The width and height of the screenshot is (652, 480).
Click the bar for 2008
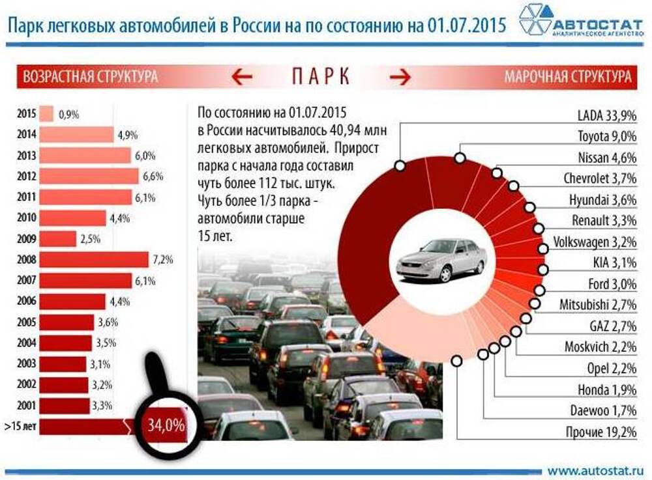(94, 260)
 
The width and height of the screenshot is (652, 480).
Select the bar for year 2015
(46, 114)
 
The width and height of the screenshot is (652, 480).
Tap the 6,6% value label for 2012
(153, 176)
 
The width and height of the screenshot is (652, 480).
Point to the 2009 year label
(26, 239)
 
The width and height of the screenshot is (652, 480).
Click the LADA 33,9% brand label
(606, 117)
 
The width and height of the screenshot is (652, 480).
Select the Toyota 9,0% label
(606, 137)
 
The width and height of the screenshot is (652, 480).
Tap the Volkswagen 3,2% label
(594, 242)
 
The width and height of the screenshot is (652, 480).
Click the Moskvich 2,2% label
(600, 347)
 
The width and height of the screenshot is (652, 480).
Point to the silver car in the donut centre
(441, 259)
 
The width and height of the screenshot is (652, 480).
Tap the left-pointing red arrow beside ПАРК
(242, 77)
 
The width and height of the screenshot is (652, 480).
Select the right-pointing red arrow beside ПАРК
(400, 77)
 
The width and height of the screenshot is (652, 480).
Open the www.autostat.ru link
(595, 469)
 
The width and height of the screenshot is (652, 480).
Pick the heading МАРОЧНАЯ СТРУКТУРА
(567, 77)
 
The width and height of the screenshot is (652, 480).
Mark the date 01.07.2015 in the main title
(467, 25)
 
